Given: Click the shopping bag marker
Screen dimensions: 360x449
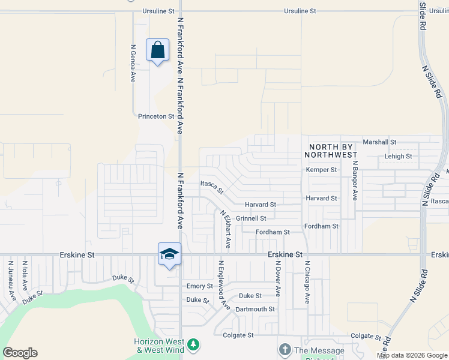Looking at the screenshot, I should click(157, 50).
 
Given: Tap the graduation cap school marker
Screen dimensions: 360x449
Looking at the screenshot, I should click(169, 254).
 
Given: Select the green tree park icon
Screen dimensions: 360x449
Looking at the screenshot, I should click(193, 344).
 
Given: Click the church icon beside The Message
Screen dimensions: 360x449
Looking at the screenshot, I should click(285, 350).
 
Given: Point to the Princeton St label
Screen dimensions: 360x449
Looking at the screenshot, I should click(155, 116).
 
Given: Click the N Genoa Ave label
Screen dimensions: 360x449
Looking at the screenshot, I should click(133, 63).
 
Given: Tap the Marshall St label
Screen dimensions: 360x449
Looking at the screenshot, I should click(379, 142).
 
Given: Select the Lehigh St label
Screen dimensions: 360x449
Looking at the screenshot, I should click(398, 157).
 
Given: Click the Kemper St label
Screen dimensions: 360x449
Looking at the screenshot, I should click(321, 170).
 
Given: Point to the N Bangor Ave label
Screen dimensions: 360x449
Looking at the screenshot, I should click(355, 181).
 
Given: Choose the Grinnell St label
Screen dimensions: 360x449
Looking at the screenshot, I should click(251, 218).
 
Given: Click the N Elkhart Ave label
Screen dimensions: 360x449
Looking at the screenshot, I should click(225, 229).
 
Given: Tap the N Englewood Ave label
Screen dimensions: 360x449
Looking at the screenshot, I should click(223, 285).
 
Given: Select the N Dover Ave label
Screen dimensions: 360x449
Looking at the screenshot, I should click(278, 278).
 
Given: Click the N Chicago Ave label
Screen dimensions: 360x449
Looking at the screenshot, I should click(307, 282).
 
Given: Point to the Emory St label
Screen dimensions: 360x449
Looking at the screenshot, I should click(200, 286).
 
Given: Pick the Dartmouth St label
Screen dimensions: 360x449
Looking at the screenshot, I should click(255, 310).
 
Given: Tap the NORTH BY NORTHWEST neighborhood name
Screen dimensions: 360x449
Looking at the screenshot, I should click(333, 151).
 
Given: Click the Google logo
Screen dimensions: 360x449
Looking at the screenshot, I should click(20, 353).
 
